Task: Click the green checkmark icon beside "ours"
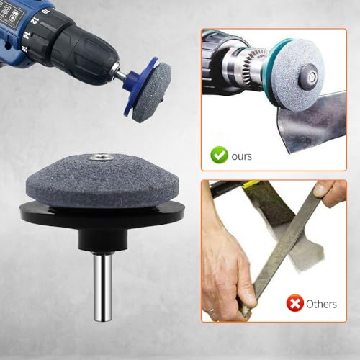[219, 155]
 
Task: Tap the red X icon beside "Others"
[294, 303]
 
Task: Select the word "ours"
[242, 156]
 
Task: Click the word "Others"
[321, 304]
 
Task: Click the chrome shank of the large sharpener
[103, 287]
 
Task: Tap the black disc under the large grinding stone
[103, 213]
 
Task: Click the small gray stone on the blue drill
[151, 92]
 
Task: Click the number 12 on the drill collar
[34, 20]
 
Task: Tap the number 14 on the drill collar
[27, 35]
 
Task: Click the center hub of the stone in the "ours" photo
[309, 75]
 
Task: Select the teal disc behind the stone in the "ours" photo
[272, 72]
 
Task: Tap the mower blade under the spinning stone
[312, 121]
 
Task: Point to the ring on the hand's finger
[211, 310]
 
